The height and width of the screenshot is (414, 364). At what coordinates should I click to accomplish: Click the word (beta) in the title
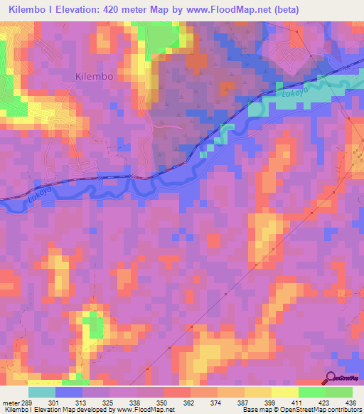[x=283, y=9]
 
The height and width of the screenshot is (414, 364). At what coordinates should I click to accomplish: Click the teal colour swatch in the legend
[x=42, y=392]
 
